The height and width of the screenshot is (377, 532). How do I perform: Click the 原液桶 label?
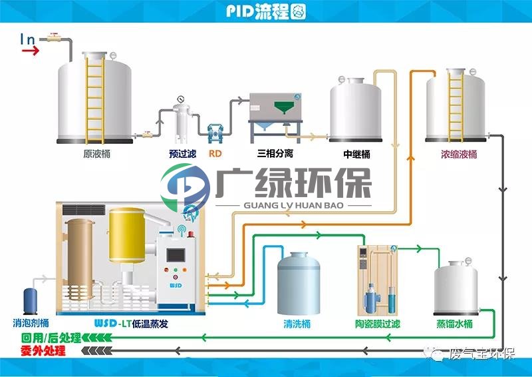click(x=96, y=154)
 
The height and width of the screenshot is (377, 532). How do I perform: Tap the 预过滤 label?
click(x=183, y=154)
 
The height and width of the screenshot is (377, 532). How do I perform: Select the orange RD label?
click(x=215, y=154)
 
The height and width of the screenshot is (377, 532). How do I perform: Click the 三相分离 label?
click(x=275, y=154)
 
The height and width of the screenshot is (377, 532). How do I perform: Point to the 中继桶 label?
click(x=356, y=154)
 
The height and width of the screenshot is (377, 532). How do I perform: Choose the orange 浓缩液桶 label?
click(x=459, y=155)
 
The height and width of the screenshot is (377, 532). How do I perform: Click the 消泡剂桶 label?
click(x=31, y=323)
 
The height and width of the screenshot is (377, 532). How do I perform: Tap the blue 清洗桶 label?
click(x=297, y=324)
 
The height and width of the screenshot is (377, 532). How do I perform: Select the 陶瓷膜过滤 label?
click(x=378, y=324)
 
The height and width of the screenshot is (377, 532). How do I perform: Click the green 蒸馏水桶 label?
click(x=455, y=324)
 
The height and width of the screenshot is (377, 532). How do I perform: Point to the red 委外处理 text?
click(x=43, y=350)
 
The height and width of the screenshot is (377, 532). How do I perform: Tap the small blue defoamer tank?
click(x=30, y=301)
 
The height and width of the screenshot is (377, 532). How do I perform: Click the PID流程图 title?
click(x=265, y=11)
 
